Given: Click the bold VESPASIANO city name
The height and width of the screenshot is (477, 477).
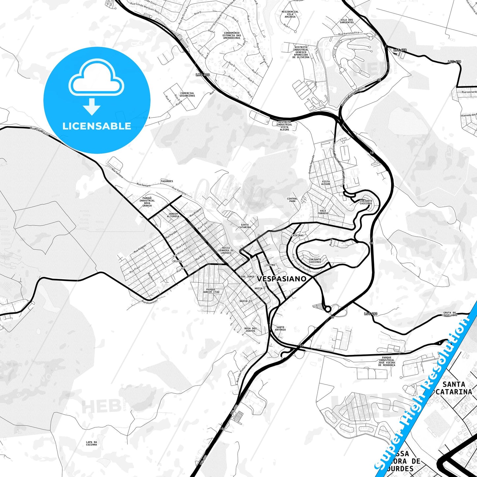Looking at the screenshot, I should click(x=282, y=279).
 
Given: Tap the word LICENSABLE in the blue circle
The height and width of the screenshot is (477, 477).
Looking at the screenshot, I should click(x=97, y=126).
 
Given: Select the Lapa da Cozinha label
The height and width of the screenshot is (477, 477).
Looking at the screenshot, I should click(x=91, y=443).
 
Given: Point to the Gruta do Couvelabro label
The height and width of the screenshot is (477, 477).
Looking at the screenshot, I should click(x=450, y=314).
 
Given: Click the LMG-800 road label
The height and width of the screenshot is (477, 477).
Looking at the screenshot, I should click(x=203, y=75).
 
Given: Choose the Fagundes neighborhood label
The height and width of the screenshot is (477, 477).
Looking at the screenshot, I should click(x=167, y=181).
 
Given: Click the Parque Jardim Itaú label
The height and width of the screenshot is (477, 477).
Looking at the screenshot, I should click(x=211, y=291).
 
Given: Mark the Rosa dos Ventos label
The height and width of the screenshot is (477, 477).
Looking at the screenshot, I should click(x=251, y=329).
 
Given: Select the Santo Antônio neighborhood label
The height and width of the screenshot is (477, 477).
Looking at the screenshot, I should click(x=280, y=328).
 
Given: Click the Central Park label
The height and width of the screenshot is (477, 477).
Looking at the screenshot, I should click(x=292, y=200).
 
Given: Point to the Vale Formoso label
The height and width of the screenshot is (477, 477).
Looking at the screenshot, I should click(x=323, y=212).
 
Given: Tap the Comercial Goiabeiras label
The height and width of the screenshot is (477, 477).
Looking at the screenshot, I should click(x=187, y=94).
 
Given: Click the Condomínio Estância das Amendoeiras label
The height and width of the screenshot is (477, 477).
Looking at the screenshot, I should click(x=232, y=35).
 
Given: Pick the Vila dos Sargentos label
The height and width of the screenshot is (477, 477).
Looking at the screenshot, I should click(x=347, y=21).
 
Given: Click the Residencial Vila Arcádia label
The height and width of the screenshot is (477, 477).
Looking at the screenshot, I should click(x=290, y=14).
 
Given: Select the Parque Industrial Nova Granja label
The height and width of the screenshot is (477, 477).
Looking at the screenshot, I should click(x=147, y=202).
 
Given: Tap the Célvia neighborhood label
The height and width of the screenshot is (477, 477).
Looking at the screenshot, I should click(x=177, y=261).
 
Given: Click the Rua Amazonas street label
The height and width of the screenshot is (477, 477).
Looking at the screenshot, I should click(x=150, y=301).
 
